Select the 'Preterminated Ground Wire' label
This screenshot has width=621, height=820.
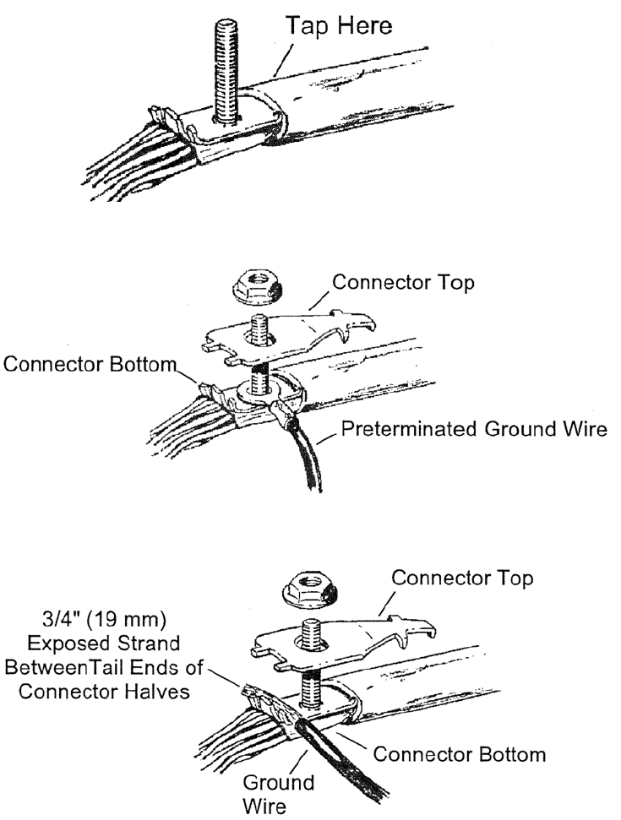pos(474,431)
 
